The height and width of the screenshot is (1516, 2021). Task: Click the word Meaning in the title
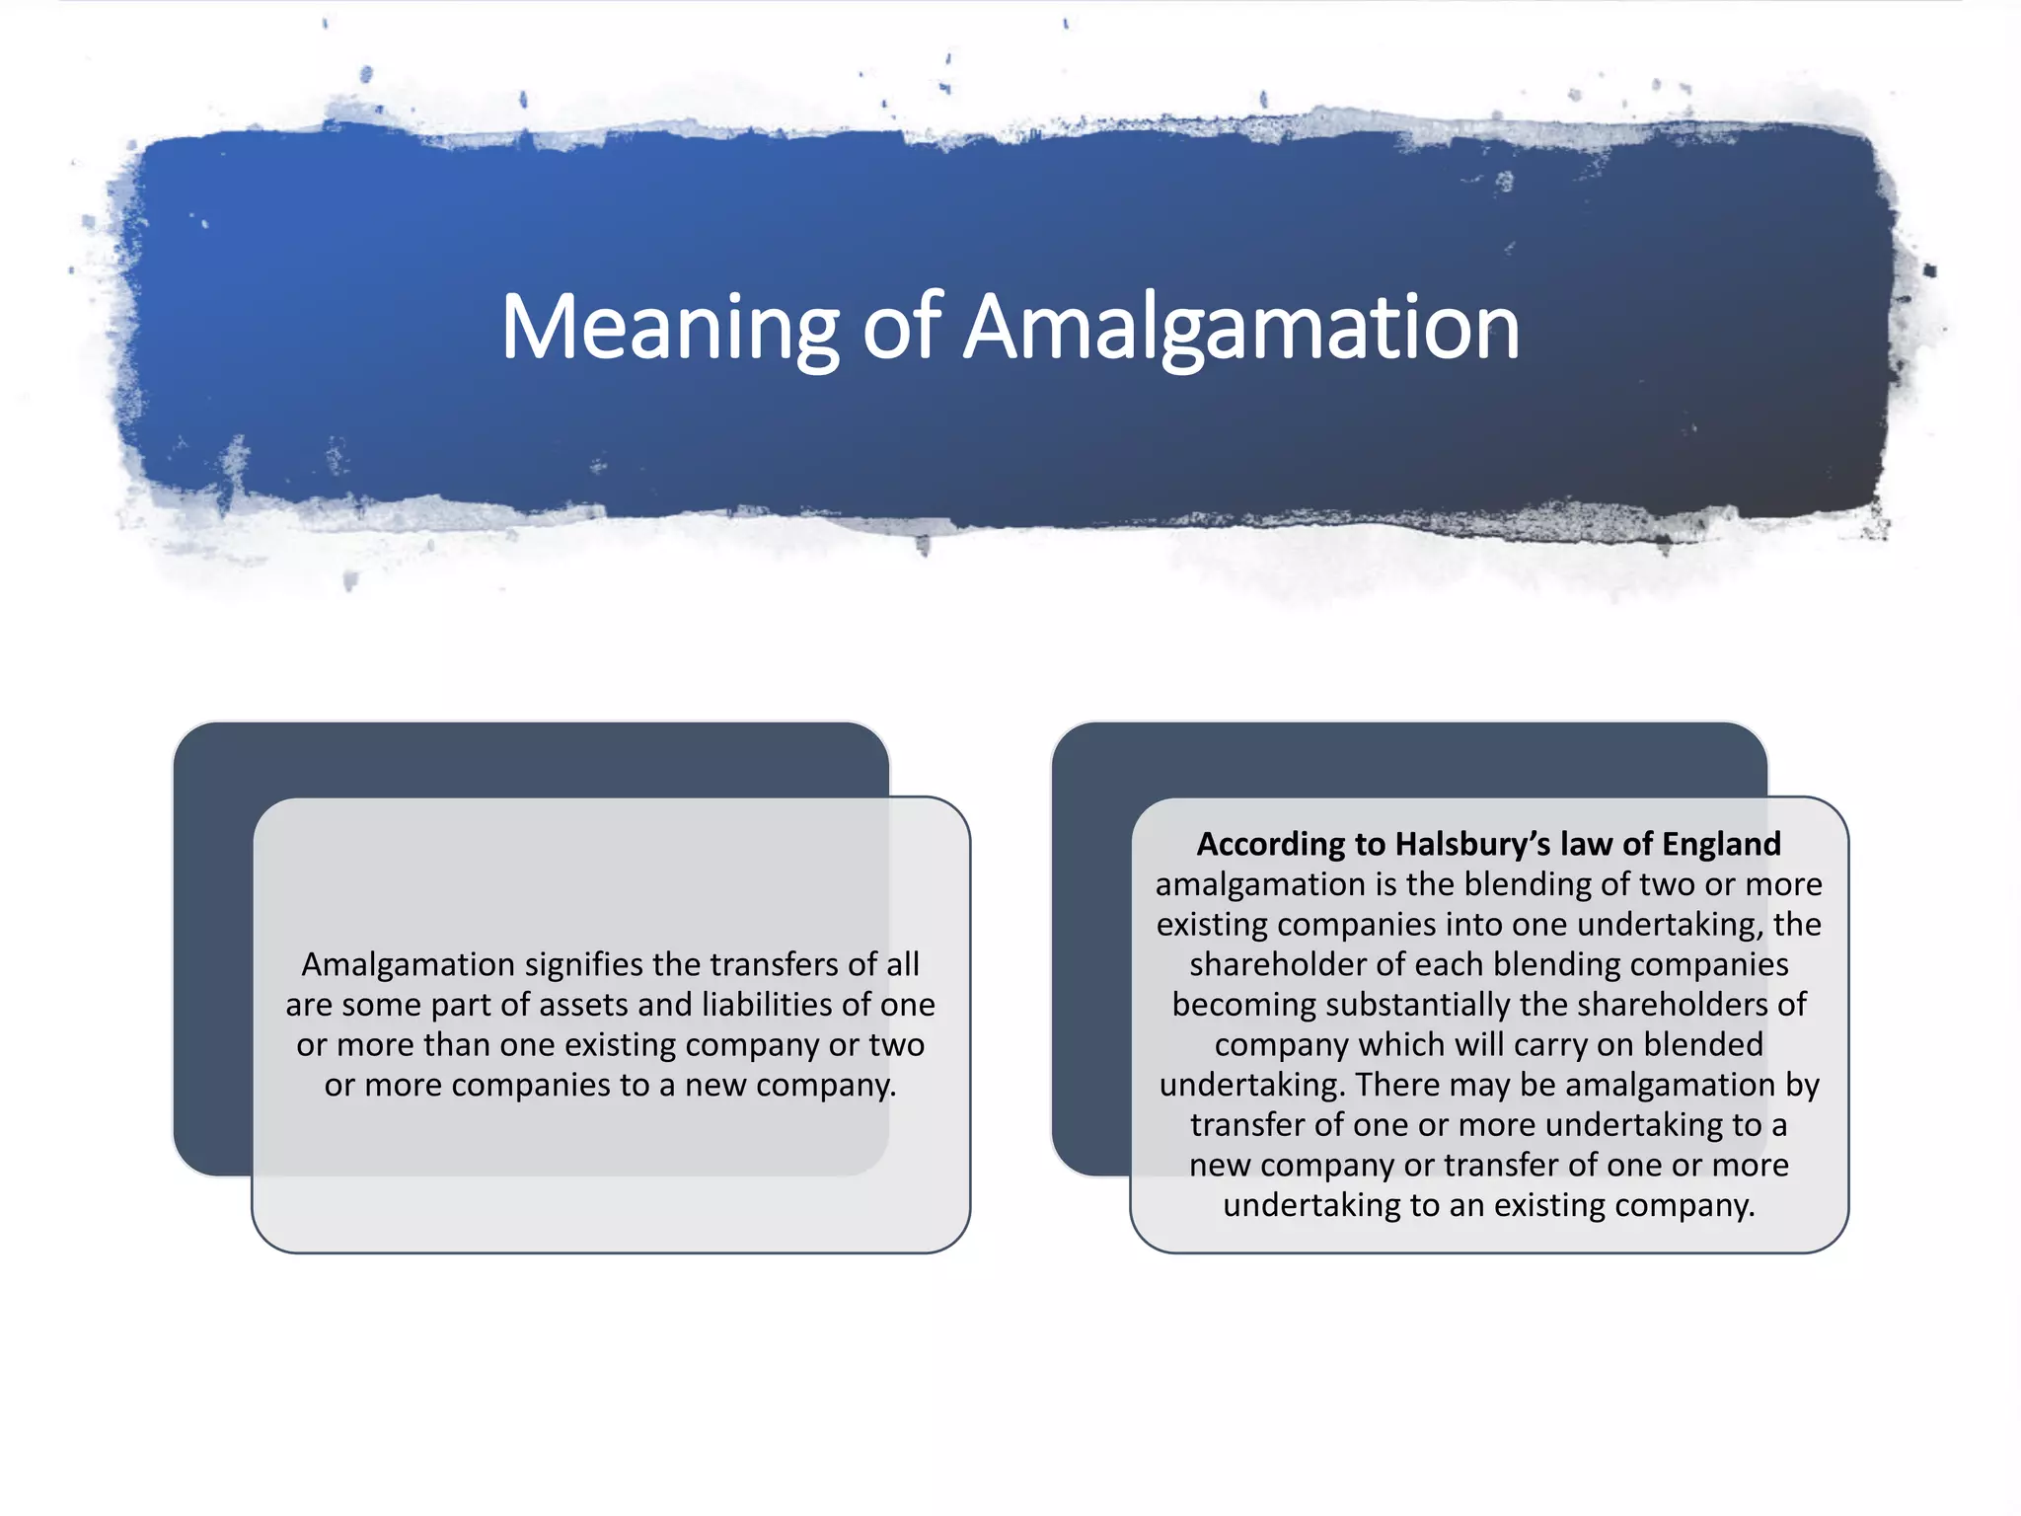coord(670,328)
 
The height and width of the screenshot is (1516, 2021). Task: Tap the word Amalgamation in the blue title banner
coord(1240,328)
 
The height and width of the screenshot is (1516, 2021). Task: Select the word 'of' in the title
coord(902,328)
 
